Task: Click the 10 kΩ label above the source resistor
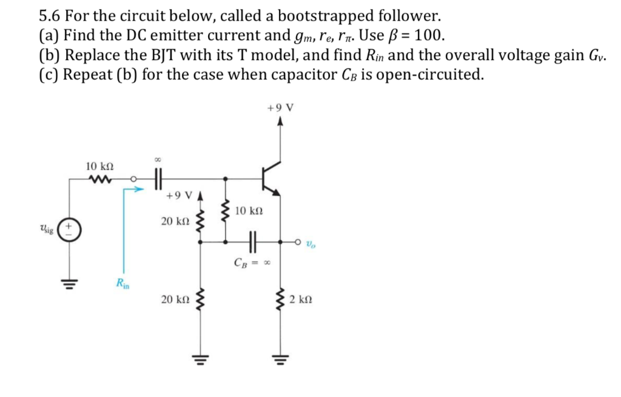[99, 165]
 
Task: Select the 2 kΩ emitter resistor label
[301, 299]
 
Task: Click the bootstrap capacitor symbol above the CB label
[253, 241]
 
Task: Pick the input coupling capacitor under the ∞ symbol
[158, 179]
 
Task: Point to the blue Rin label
[123, 282]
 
